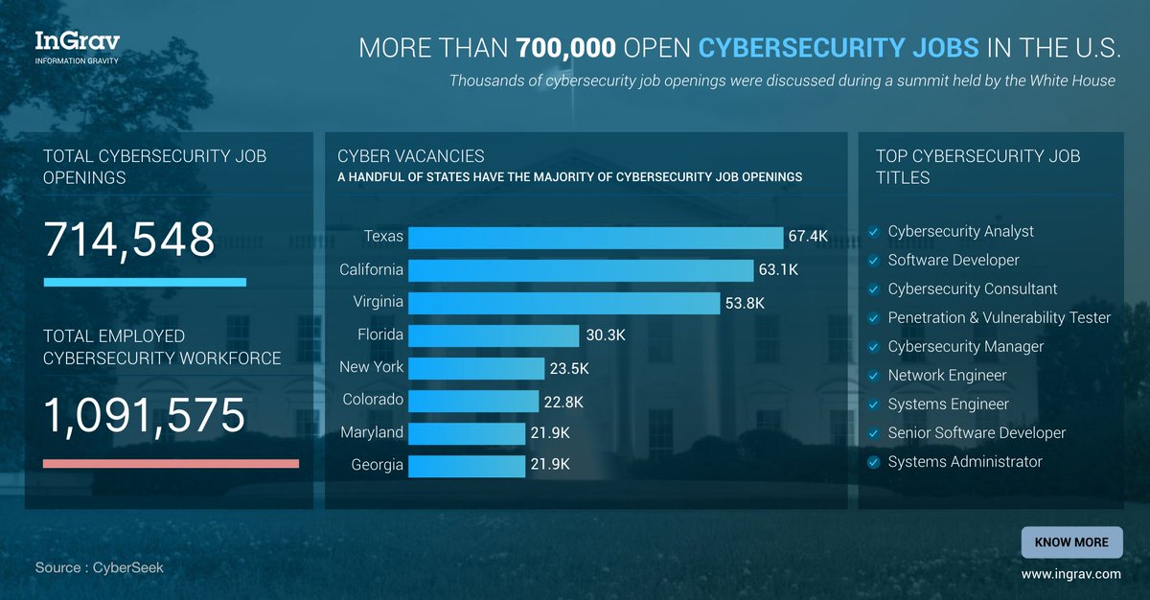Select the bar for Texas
(x=597, y=238)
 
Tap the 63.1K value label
(x=778, y=270)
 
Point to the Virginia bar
(x=565, y=303)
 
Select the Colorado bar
(x=474, y=401)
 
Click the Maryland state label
(x=372, y=432)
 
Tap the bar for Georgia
(x=469, y=466)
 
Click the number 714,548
(x=129, y=240)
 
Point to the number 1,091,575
(x=145, y=416)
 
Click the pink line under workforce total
(x=171, y=464)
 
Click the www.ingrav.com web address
(x=1070, y=574)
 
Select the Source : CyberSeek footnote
(x=100, y=567)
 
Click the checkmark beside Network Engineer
(x=873, y=376)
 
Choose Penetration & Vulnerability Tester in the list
(x=999, y=317)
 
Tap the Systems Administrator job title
(x=964, y=462)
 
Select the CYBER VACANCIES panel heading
(x=411, y=155)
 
